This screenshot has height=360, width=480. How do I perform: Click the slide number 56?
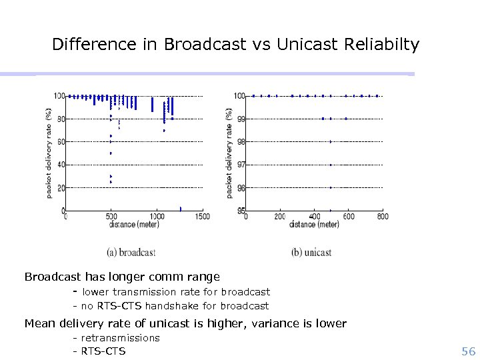coord(468,351)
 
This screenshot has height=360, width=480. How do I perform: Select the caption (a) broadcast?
coord(131,253)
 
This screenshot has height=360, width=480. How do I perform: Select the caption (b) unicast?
coord(311,253)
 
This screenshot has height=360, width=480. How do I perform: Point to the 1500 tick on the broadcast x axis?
coord(202,217)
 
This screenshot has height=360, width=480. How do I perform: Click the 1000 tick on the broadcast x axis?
coord(157,217)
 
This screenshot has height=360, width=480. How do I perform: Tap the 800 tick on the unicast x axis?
coord(383,217)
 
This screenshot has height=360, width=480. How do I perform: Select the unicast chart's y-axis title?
coord(230,153)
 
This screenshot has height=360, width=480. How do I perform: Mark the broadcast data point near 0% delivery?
coord(180,209)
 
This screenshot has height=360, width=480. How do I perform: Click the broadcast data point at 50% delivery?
coord(111,153)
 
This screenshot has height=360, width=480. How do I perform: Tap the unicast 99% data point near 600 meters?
coord(346,119)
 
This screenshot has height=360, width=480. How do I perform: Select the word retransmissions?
coord(121,338)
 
